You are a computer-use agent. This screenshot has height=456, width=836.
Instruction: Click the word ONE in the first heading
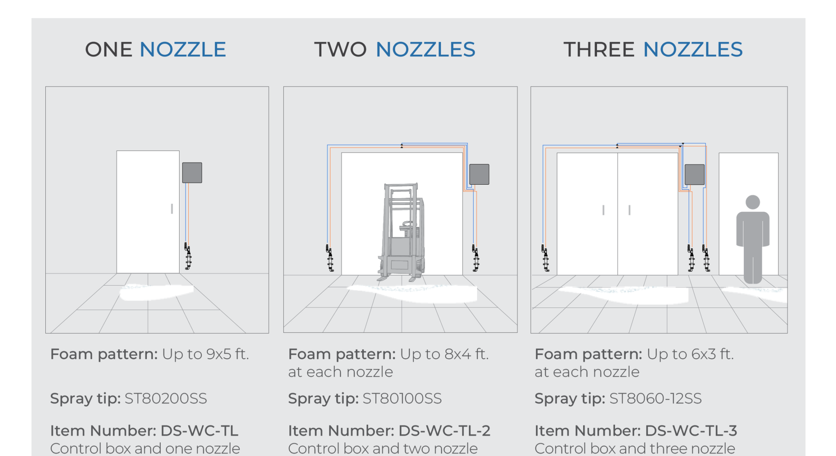tap(109, 50)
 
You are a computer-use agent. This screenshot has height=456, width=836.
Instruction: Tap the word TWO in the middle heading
tap(340, 50)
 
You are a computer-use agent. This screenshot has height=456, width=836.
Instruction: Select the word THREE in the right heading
tap(599, 50)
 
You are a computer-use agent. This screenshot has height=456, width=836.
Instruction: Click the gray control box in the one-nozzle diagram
tap(192, 172)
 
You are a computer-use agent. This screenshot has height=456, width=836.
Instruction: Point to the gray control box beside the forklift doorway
tap(479, 174)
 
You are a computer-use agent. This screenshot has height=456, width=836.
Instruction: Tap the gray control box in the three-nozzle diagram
tap(695, 175)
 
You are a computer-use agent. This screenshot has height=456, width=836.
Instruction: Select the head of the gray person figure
tap(753, 202)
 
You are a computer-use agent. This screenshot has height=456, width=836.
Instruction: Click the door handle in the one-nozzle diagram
tap(172, 209)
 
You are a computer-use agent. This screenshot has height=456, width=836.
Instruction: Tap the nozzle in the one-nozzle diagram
tap(188, 257)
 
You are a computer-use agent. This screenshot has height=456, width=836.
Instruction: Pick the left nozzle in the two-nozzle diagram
tap(330, 258)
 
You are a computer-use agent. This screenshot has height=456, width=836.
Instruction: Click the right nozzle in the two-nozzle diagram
tap(476, 258)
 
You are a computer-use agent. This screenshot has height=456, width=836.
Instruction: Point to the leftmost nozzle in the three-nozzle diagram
tap(545, 258)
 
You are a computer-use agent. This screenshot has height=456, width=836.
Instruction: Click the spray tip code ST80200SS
tap(166, 399)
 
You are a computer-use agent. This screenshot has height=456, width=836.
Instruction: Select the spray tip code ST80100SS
tap(402, 399)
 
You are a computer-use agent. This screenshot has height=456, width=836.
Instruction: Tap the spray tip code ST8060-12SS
tap(655, 399)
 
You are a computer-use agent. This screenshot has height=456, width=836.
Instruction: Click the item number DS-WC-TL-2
tap(444, 431)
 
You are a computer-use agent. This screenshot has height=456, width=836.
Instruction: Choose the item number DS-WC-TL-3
tap(691, 431)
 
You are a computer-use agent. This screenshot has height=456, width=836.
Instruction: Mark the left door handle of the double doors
tap(603, 210)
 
